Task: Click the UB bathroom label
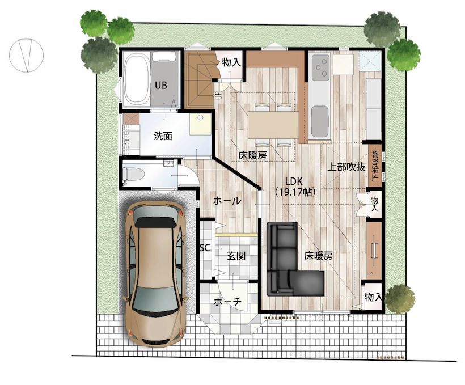pos(161,86)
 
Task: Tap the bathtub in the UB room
pos(136,79)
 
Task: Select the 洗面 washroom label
pos(163,136)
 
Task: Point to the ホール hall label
pos(227,201)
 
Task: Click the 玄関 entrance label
pos(236,256)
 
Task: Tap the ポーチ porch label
pos(227,302)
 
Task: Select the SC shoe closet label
pos(205,248)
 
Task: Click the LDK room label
pos(293,181)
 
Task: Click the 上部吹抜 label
pos(346,167)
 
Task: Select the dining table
pos(273,125)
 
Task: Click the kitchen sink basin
pos(320,121)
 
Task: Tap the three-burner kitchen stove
pos(320,67)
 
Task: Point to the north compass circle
pos(27,55)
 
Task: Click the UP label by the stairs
pos(217,95)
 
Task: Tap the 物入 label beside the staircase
pos(231,62)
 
